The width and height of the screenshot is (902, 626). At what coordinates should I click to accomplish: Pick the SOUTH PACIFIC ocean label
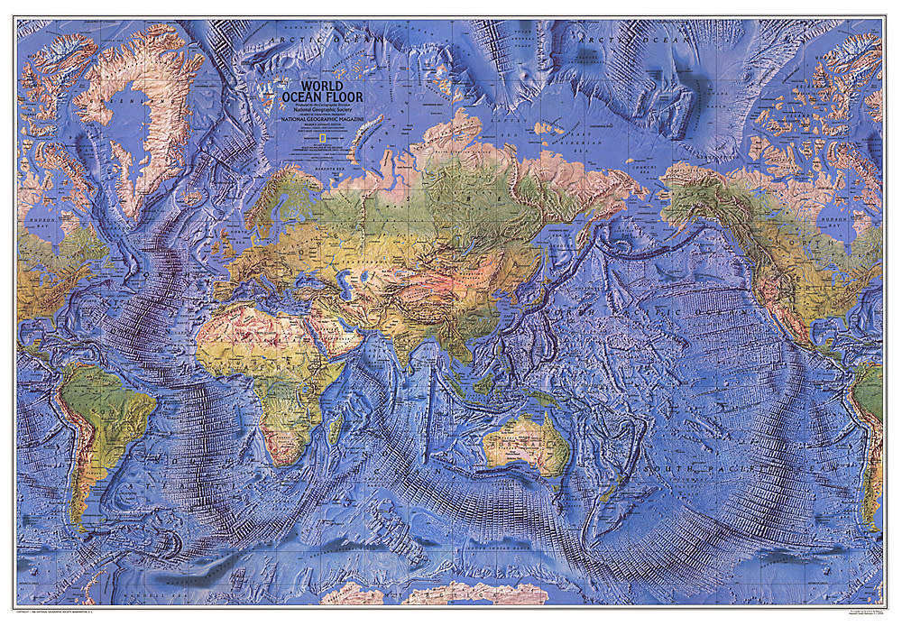tap(713, 469)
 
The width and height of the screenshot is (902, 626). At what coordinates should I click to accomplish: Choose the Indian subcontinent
tap(410, 338)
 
